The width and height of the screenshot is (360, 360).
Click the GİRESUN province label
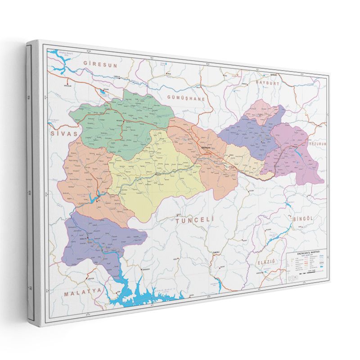coord(103,65)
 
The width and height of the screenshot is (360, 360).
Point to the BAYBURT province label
coord(268,83)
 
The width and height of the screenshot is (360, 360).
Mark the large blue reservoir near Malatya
coord(144,295)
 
